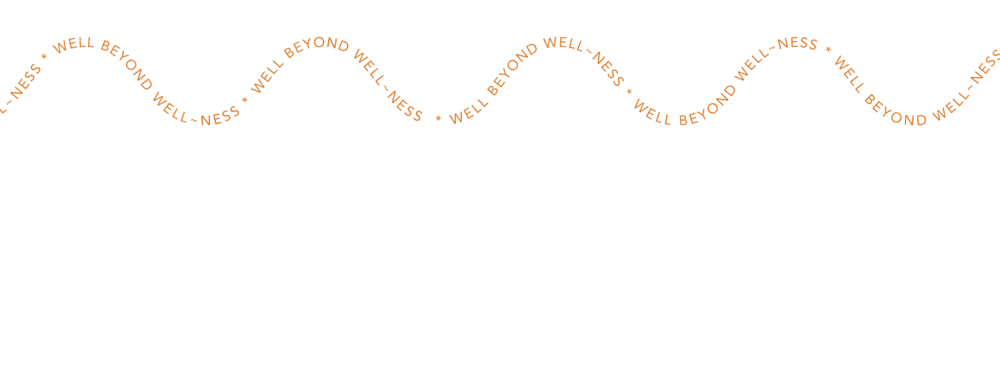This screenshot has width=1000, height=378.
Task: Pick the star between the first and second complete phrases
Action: (x=245, y=97)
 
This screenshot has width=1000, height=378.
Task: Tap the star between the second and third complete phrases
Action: (x=439, y=118)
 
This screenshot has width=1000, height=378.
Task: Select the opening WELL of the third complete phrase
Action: (x=466, y=111)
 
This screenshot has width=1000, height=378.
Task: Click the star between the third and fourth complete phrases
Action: (x=629, y=91)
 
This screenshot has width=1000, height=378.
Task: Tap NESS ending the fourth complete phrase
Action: (x=797, y=43)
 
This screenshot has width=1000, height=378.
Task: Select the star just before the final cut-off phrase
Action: (x=829, y=49)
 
